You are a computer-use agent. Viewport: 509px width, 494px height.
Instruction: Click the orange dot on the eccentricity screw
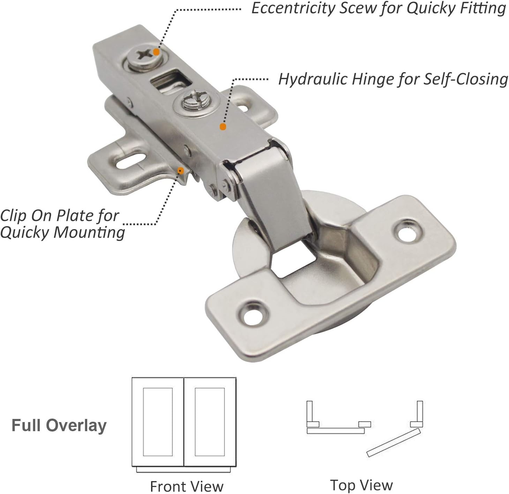point(156,52)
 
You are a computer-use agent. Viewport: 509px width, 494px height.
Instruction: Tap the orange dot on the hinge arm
point(223,127)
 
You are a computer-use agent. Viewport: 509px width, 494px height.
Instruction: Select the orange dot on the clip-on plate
point(180,171)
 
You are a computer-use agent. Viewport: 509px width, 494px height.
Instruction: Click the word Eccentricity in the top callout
point(293,8)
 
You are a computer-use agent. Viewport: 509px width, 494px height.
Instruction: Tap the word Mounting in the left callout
point(89,232)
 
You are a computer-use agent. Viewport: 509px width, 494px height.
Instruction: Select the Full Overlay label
point(59,426)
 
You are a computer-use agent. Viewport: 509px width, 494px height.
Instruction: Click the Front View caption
point(187,486)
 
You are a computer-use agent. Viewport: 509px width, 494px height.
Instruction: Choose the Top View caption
point(361,485)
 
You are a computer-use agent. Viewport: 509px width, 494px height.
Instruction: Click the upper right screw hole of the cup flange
point(409,231)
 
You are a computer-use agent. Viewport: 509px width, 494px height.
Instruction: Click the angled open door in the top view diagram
point(394,442)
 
